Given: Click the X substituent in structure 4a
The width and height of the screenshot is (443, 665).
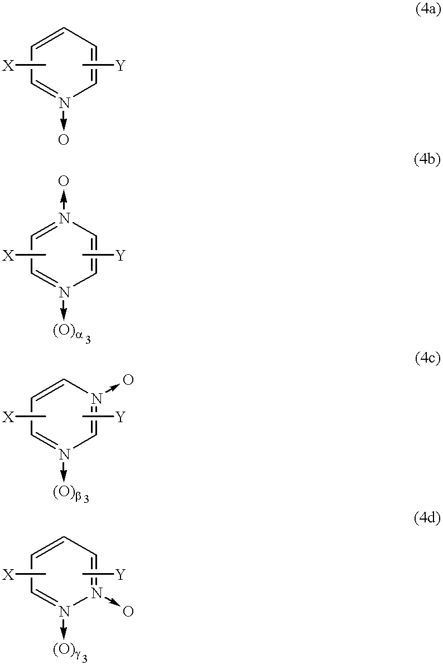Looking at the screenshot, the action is pyautogui.click(x=8, y=66).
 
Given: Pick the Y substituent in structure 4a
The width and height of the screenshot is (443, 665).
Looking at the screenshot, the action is pyautogui.click(x=121, y=66).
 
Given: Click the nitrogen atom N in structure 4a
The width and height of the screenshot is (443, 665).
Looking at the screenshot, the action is pyautogui.click(x=64, y=102).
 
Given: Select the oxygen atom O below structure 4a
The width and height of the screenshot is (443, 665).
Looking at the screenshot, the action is pyautogui.click(x=64, y=140).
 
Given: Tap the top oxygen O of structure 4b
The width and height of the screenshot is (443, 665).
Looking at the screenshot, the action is pyautogui.click(x=64, y=181).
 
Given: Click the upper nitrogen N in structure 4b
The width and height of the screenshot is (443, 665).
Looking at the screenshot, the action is pyautogui.click(x=64, y=218).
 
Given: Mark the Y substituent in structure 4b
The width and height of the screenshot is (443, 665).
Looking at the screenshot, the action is pyautogui.click(x=121, y=255).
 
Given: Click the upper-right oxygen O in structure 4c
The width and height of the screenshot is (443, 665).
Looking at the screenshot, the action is pyautogui.click(x=128, y=380).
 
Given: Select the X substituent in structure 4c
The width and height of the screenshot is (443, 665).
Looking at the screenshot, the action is pyautogui.click(x=8, y=417).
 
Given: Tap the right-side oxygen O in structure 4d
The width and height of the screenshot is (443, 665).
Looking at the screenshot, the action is pyautogui.click(x=128, y=612).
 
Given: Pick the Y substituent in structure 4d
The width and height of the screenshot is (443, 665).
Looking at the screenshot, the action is pyautogui.click(x=121, y=575).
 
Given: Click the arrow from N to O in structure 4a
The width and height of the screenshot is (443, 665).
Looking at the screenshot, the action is pyautogui.click(x=64, y=120).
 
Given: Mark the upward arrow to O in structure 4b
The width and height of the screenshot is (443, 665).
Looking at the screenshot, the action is pyautogui.click(x=64, y=200).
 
